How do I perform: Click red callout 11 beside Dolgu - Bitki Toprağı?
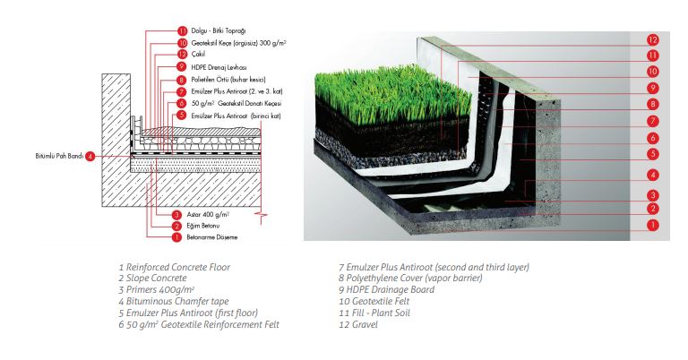tap(183, 30)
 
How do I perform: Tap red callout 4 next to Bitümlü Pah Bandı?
tap(90, 156)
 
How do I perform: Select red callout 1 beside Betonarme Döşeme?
tap(176, 237)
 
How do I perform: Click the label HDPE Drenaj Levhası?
tap(219, 67)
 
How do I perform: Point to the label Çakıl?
tap(198, 55)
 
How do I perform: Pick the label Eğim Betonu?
tap(203, 226)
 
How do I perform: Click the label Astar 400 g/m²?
tap(208, 214)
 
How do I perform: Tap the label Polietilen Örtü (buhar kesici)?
tap(228, 80)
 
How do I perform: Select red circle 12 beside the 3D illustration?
tap(653, 40)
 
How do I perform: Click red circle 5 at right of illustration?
tap(653, 154)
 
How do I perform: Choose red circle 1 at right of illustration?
tap(653, 226)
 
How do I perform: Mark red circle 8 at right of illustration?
tap(653, 105)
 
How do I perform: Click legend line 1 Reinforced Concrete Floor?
tap(174, 267)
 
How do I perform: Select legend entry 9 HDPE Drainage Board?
tap(387, 290)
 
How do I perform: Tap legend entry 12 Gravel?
tap(358, 325)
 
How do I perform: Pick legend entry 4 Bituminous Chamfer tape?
tap(174, 302)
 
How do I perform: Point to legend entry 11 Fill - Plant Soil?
tap(374, 313)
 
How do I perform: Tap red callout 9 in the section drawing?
tap(182, 67)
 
